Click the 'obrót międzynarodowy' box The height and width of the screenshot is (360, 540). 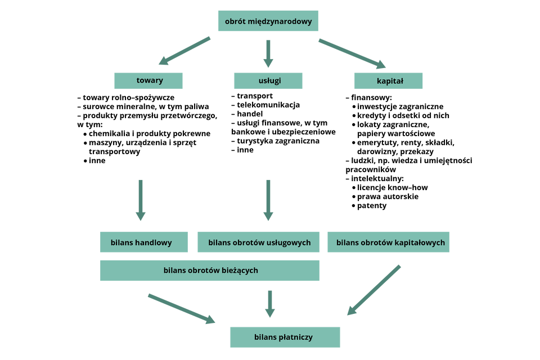(268, 21)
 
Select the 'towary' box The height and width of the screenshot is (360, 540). (148, 80)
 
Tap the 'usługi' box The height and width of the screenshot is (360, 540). (268, 80)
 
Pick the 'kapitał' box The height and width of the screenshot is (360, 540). (388, 80)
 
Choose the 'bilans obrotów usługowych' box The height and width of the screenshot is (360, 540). (259, 242)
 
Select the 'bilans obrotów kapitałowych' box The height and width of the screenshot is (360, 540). (389, 242)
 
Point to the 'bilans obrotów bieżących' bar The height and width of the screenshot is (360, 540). (210, 271)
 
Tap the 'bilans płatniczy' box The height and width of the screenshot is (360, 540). (285, 337)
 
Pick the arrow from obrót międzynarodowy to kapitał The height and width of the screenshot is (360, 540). (353, 52)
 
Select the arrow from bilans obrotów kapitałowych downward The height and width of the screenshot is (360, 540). (374, 290)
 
